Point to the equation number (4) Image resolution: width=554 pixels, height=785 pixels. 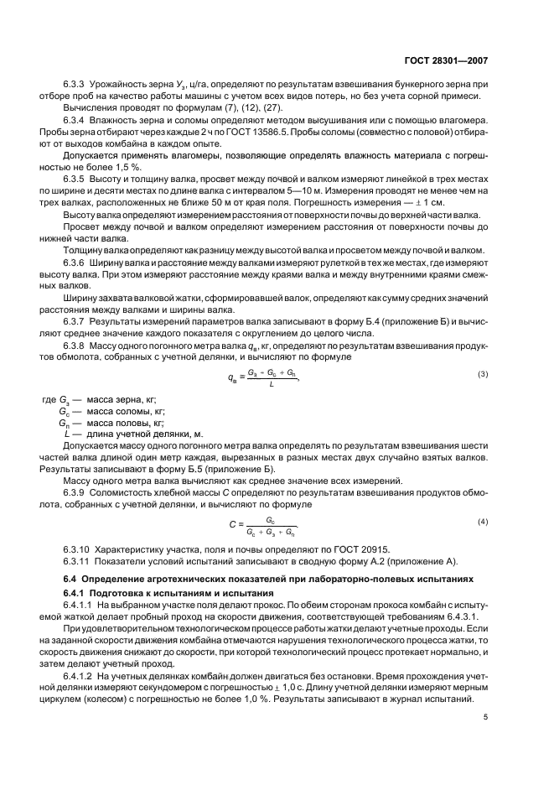[x=483, y=522]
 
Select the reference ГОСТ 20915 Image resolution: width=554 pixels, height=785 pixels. [x=334, y=548]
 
